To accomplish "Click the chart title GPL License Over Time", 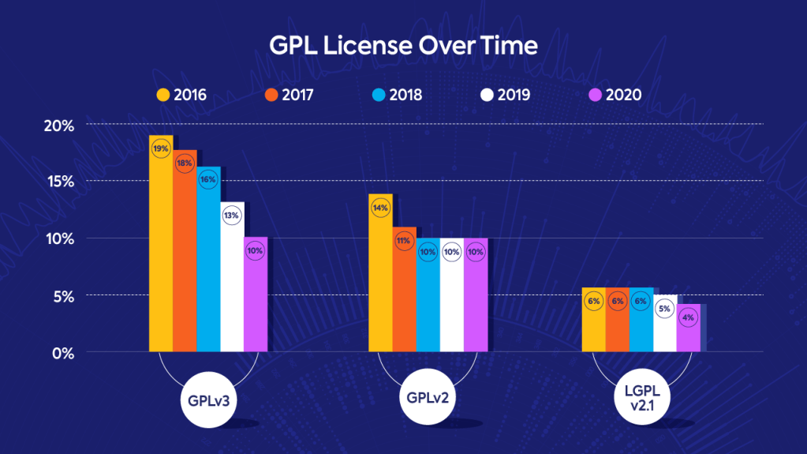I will pos(403,46).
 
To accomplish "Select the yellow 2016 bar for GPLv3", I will pos(161,253).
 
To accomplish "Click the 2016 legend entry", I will pos(181,96).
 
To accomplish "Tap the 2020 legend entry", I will pos(615,96).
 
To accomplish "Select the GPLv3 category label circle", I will pos(208,400).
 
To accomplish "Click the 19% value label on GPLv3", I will pos(161,148).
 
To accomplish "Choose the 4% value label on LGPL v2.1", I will pos(688,317).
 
